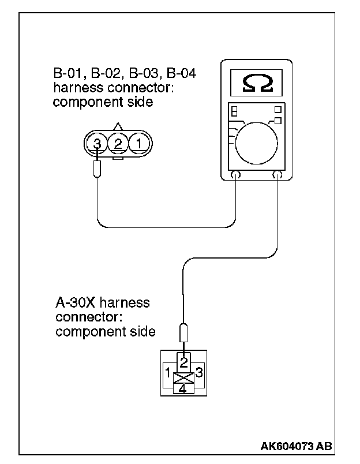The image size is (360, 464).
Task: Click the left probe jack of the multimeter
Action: click(236, 175)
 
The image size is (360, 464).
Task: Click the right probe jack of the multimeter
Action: click(278, 175)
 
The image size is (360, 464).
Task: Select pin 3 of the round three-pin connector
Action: click(98, 143)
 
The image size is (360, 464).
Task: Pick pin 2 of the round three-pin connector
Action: click(118, 143)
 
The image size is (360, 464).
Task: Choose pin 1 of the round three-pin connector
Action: click(138, 143)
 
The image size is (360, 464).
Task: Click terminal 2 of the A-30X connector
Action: click(183, 362)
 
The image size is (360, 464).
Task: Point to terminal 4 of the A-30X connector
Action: click(183, 389)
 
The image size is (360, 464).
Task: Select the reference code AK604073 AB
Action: click(296, 446)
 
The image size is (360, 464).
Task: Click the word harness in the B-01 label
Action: click(73, 88)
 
